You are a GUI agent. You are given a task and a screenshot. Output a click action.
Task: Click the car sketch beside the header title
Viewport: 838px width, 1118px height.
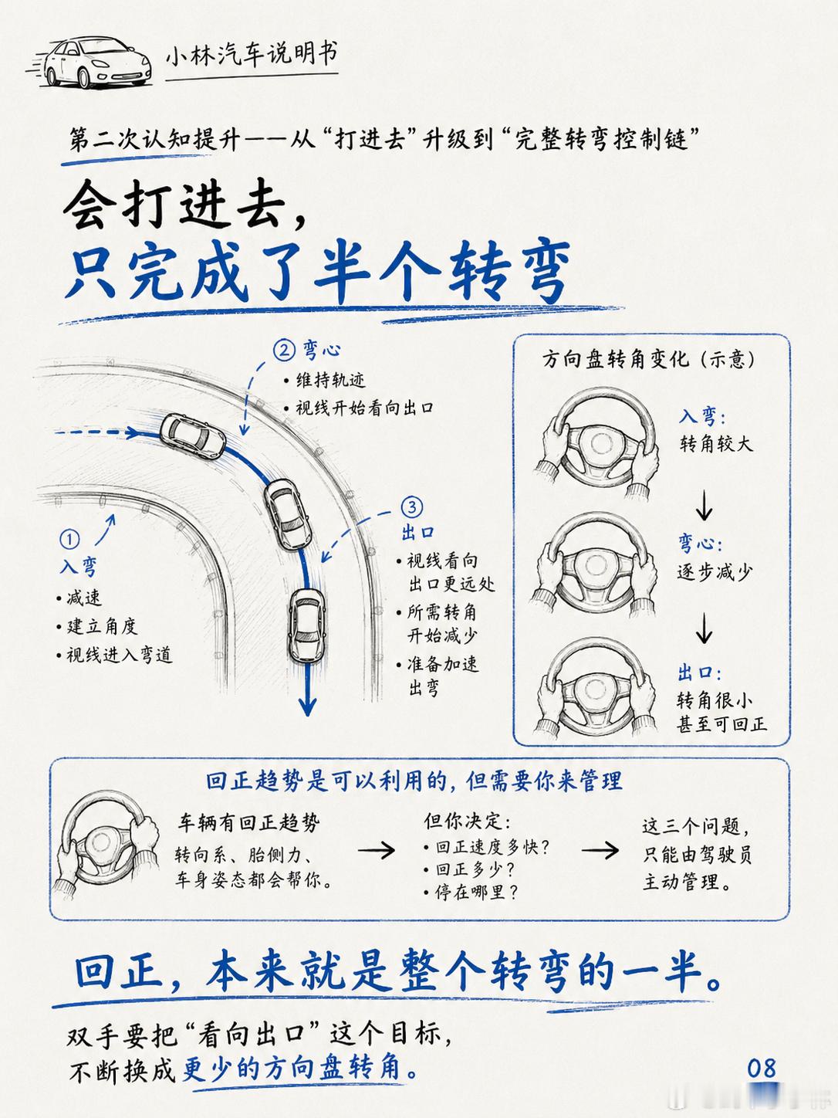pyautogui.click(x=92, y=62)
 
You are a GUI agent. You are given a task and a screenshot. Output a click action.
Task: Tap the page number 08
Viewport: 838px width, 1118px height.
pyautogui.click(x=762, y=1068)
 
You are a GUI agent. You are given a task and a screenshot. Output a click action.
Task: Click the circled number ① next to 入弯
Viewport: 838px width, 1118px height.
pyautogui.click(x=69, y=540)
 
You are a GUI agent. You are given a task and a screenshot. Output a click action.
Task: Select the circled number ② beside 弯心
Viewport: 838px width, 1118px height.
pyautogui.click(x=284, y=351)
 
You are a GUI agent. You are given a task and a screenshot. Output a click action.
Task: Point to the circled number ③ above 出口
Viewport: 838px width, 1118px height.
pyautogui.click(x=411, y=506)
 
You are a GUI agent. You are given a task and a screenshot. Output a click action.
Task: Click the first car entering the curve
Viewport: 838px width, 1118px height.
pyautogui.click(x=193, y=436)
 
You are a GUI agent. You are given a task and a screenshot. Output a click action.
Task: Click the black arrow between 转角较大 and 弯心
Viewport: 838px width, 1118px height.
pyautogui.click(x=705, y=506)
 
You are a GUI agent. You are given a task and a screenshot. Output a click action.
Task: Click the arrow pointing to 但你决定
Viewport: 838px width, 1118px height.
pyautogui.click(x=376, y=849)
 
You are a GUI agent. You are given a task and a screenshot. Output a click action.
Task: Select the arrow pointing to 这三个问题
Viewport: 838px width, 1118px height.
pyautogui.click(x=600, y=849)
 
